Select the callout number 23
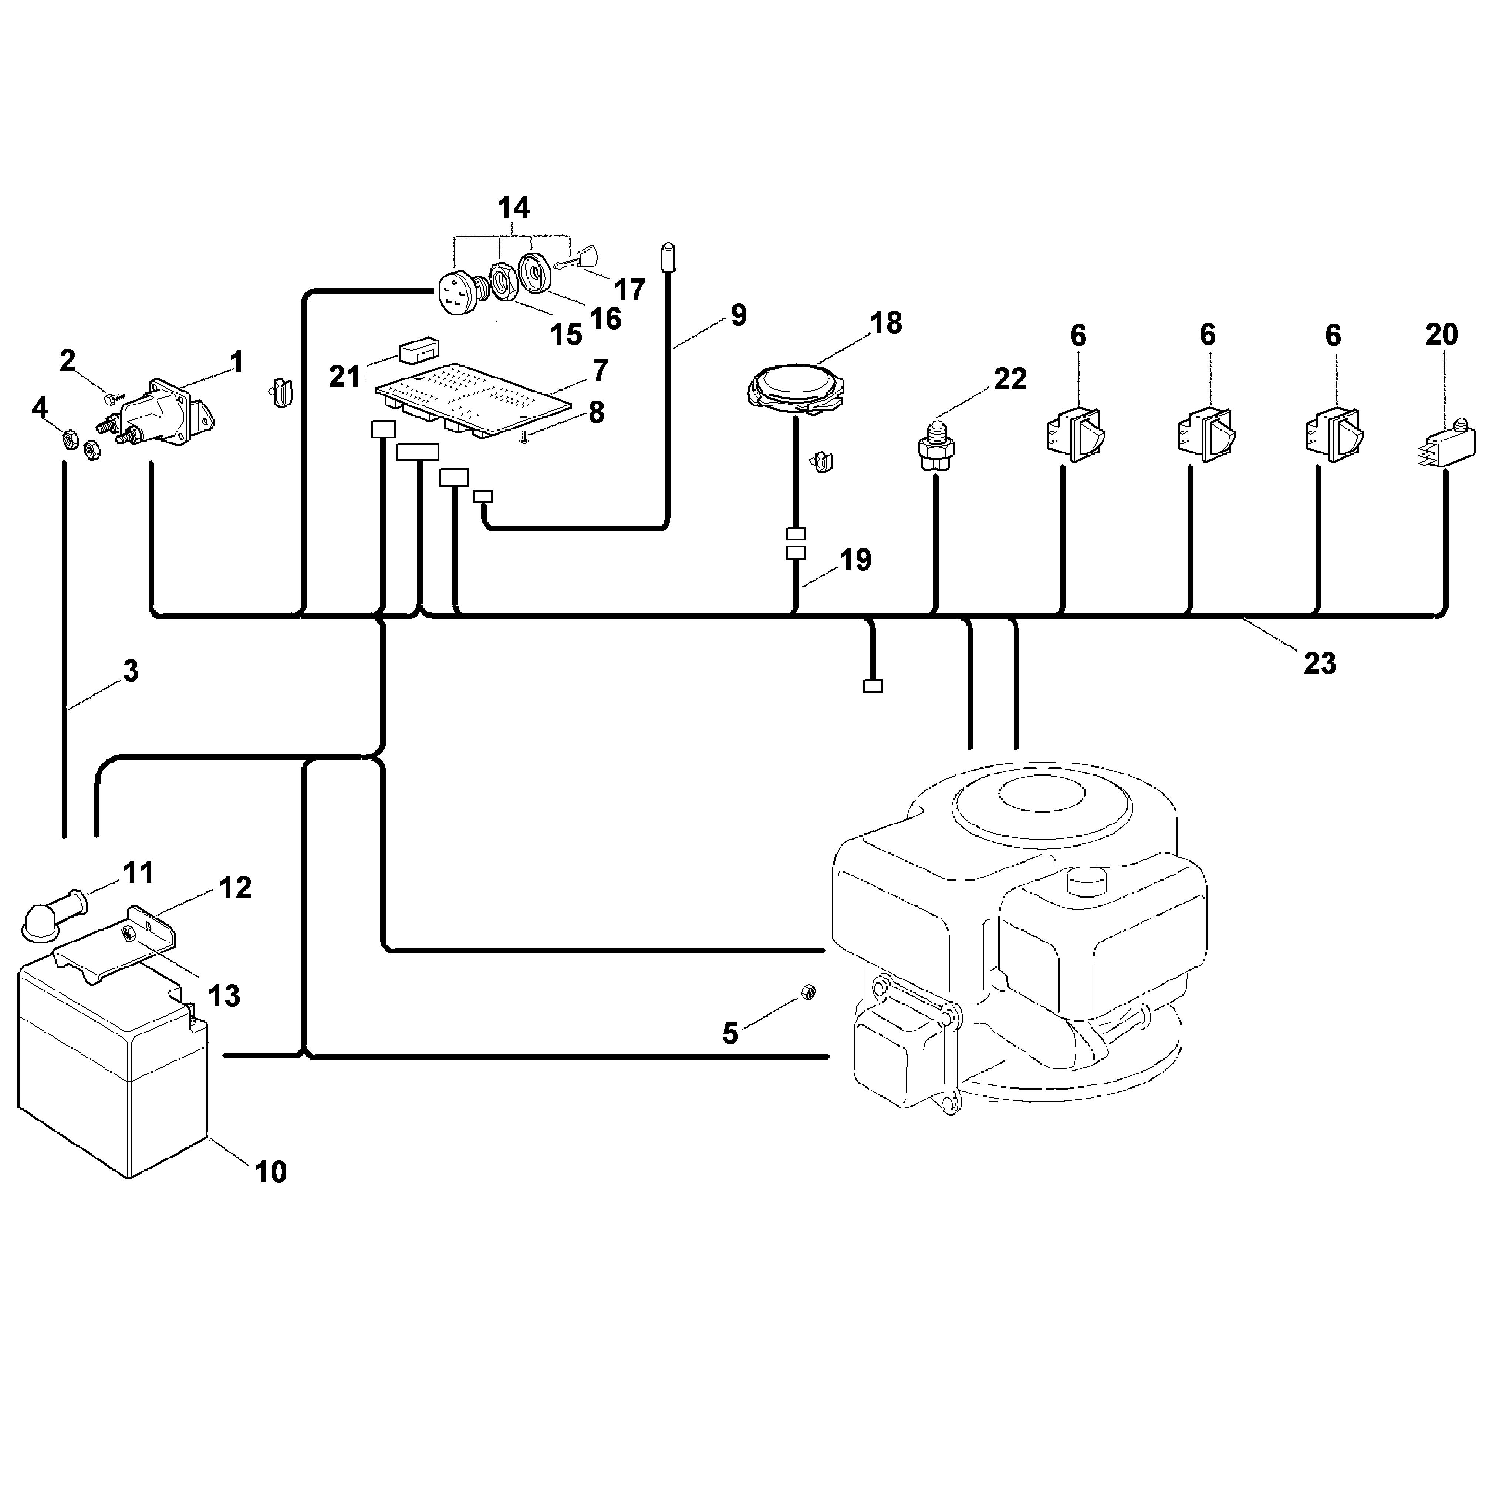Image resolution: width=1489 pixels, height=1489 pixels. pos(1320,663)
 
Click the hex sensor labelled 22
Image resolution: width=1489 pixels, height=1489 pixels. pos(934,444)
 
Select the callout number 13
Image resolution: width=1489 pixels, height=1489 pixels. pos(224,996)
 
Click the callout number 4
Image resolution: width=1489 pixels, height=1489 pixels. pos(40,408)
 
